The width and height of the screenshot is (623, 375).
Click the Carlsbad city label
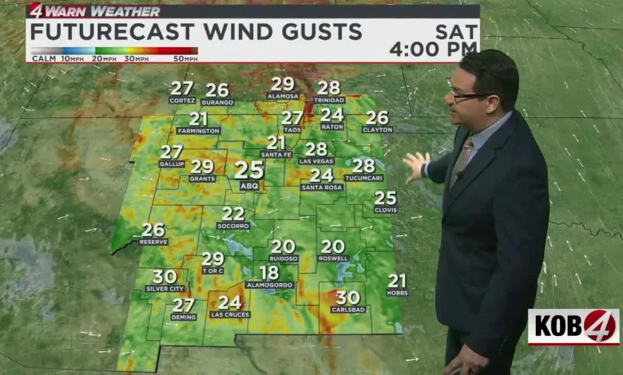pos(348,310)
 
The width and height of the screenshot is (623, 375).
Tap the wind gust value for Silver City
pos(165,276)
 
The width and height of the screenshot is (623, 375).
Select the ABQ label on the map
pos(249,186)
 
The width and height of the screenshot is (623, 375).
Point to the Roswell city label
pos(333,259)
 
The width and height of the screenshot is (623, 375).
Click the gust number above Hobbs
pos(397,280)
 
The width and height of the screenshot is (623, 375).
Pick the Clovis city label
pos(386,210)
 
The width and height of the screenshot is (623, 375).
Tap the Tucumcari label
pos(363,178)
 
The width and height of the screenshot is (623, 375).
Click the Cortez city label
pos(181,101)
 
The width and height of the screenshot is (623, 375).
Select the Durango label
pos(217,102)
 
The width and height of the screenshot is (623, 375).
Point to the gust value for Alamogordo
pos(270,272)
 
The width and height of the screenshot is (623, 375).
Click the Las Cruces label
pos(230,314)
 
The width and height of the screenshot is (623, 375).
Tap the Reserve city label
pos(153,242)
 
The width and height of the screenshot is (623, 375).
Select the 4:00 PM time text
pos(433,49)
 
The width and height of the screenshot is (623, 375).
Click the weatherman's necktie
pos(461,160)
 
